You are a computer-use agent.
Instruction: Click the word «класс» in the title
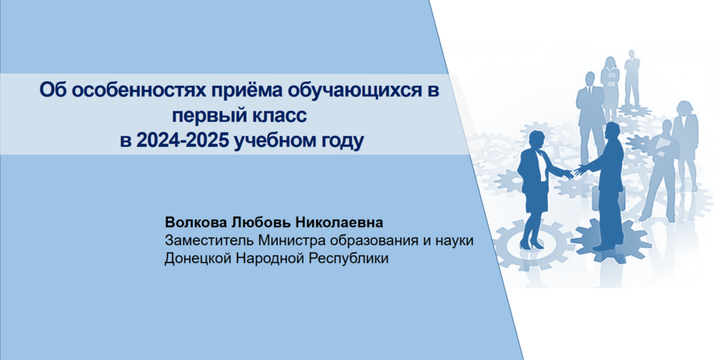pyautogui.click(x=279, y=116)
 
